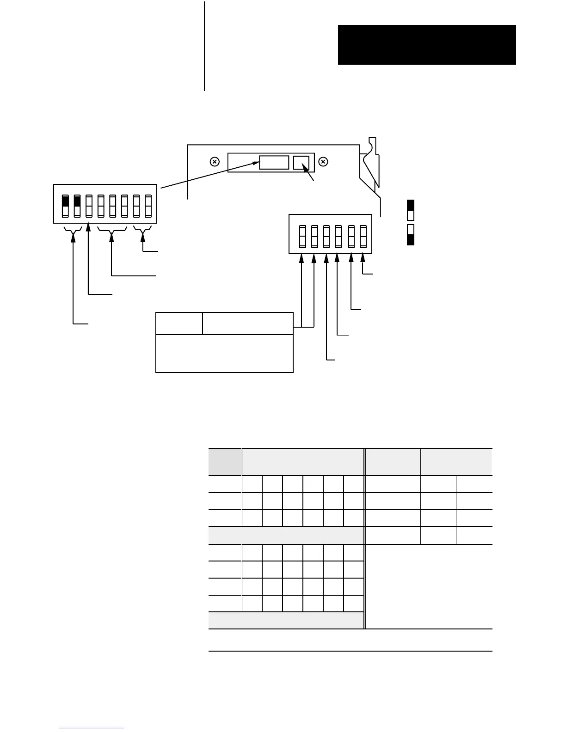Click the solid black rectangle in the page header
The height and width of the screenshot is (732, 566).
tap(427, 45)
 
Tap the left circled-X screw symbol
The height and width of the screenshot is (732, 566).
tap(215, 162)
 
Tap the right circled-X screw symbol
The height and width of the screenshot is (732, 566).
tap(324, 162)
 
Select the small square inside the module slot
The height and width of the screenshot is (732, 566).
tap(301, 163)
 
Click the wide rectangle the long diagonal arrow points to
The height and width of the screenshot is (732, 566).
tap(274, 163)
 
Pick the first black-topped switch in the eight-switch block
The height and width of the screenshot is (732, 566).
tap(65, 206)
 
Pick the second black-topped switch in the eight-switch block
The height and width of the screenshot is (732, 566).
tap(77, 206)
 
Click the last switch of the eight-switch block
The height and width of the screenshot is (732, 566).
tap(148, 206)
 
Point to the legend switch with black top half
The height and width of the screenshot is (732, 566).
tap(410, 210)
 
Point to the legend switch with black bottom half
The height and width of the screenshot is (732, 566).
tap(410, 235)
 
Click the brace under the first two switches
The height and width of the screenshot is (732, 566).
tap(73, 230)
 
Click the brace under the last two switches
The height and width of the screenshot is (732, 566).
tap(142, 230)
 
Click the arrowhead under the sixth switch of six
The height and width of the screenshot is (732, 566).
tap(363, 258)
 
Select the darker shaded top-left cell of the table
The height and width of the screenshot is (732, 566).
tap(225, 461)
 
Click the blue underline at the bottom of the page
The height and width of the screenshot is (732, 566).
tap(92, 728)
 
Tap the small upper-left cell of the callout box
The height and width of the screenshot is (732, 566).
tap(179, 323)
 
